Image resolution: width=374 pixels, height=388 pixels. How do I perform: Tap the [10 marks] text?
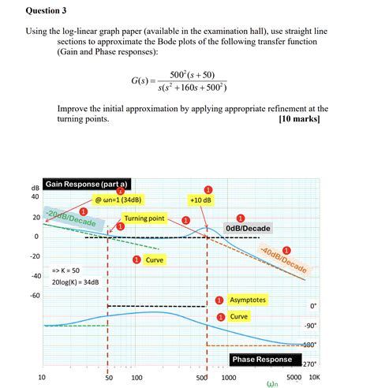click(x=304, y=120)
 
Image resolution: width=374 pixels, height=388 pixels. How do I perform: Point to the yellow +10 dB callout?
click(x=201, y=200)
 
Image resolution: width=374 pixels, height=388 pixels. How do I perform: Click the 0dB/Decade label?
click(x=247, y=229)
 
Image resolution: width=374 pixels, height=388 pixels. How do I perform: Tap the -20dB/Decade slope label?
click(x=70, y=218)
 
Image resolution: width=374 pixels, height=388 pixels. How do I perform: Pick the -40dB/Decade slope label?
click(x=283, y=259)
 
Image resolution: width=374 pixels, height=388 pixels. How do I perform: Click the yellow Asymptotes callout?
click(x=248, y=300)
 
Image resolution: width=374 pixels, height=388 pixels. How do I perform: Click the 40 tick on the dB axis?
click(x=36, y=196)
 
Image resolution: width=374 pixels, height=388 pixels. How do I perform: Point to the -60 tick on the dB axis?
click(x=35, y=296)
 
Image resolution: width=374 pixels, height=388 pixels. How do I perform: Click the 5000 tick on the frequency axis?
click(x=293, y=378)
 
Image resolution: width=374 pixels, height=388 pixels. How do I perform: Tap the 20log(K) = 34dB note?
click(x=75, y=282)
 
